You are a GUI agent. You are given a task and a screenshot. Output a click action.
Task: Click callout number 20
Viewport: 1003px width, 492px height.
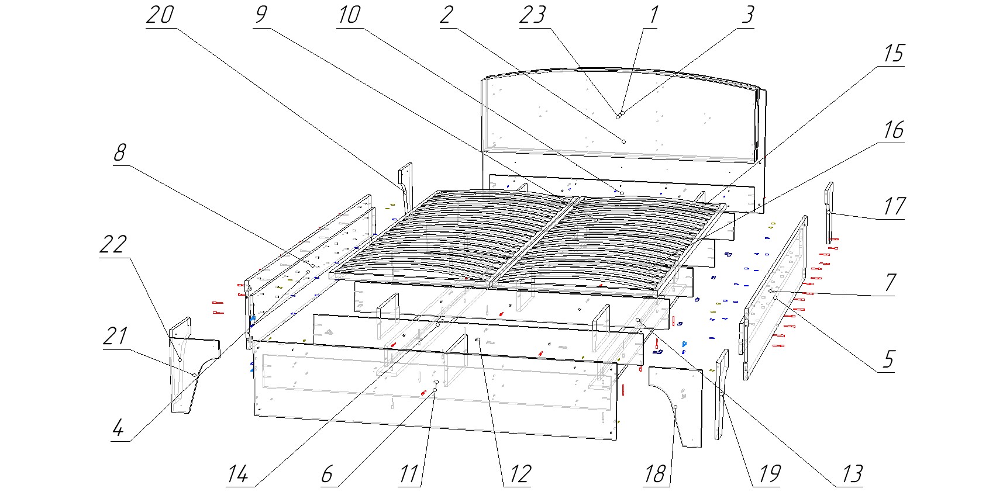click(x=160, y=15)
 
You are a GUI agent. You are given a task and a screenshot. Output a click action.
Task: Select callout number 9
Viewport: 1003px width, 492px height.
click(x=261, y=15)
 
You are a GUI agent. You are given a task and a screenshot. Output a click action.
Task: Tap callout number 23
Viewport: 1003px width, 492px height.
click(x=532, y=15)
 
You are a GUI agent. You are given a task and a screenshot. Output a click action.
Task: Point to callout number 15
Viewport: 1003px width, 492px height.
click(x=893, y=53)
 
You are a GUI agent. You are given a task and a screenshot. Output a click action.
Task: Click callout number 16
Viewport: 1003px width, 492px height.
click(x=893, y=130)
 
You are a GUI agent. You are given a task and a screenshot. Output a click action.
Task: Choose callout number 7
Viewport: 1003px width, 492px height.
click(x=890, y=283)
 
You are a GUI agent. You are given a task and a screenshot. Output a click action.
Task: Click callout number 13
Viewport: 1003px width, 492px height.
click(x=852, y=474)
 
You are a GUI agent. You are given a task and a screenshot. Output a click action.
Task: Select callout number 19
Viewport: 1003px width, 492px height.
click(x=769, y=474)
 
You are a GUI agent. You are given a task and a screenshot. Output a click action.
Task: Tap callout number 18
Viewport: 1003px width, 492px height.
click(x=654, y=474)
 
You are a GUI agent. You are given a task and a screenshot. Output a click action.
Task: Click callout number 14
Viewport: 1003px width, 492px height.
click(x=237, y=474)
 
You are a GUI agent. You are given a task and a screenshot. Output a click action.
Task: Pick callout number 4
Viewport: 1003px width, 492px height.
click(x=118, y=428)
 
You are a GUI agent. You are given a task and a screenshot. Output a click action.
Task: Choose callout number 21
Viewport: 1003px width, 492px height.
click(x=116, y=337)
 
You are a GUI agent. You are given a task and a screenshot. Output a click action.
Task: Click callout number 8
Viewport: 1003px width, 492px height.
click(x=119, y=153)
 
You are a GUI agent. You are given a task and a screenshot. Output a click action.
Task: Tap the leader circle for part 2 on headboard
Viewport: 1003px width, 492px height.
click(x=623, y=141)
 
